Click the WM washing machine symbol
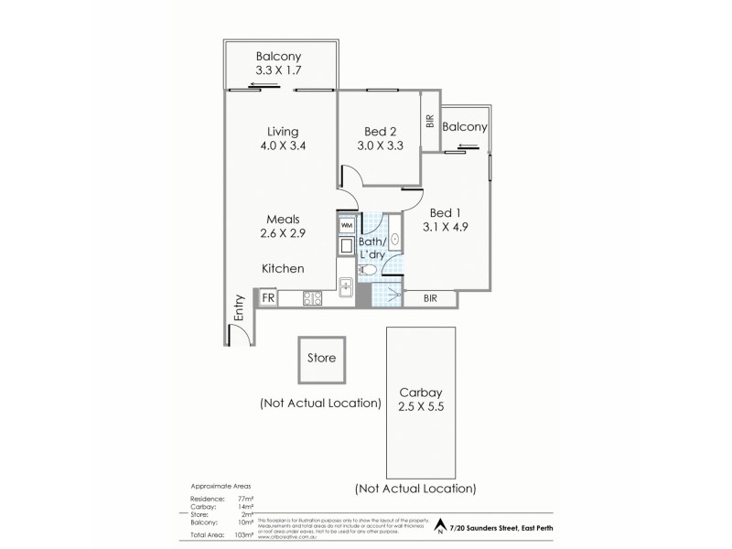(x=347, y=224)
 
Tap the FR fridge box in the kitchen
(x=269, y=297)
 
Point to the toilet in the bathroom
(x=367, y=270)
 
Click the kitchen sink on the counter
(x=347, y=285)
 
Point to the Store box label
(x=321, y=358)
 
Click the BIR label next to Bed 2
(x=429, y=121)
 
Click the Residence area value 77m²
(x=239, y=498)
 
